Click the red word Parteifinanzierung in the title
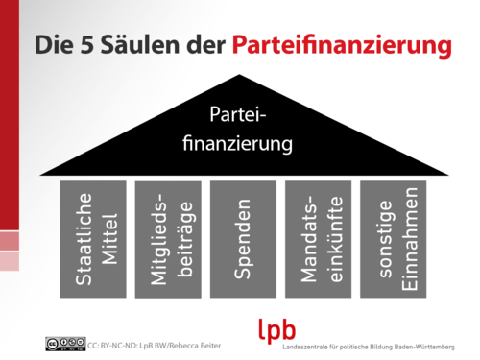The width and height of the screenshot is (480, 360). (x=341, y=45)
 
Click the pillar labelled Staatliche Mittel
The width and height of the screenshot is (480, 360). (x=92, y=238)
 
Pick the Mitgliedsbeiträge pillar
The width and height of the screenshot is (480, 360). (x=168, y=238)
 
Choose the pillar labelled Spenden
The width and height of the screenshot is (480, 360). (x=243, y=238)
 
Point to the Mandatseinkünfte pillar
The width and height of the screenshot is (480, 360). (x=318, y=238)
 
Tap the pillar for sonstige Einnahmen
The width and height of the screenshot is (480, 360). (x=394, y=238)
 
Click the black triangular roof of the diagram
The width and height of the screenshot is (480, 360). (x=115, y=158)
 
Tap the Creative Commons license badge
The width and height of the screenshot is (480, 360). (x=63, y=343)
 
